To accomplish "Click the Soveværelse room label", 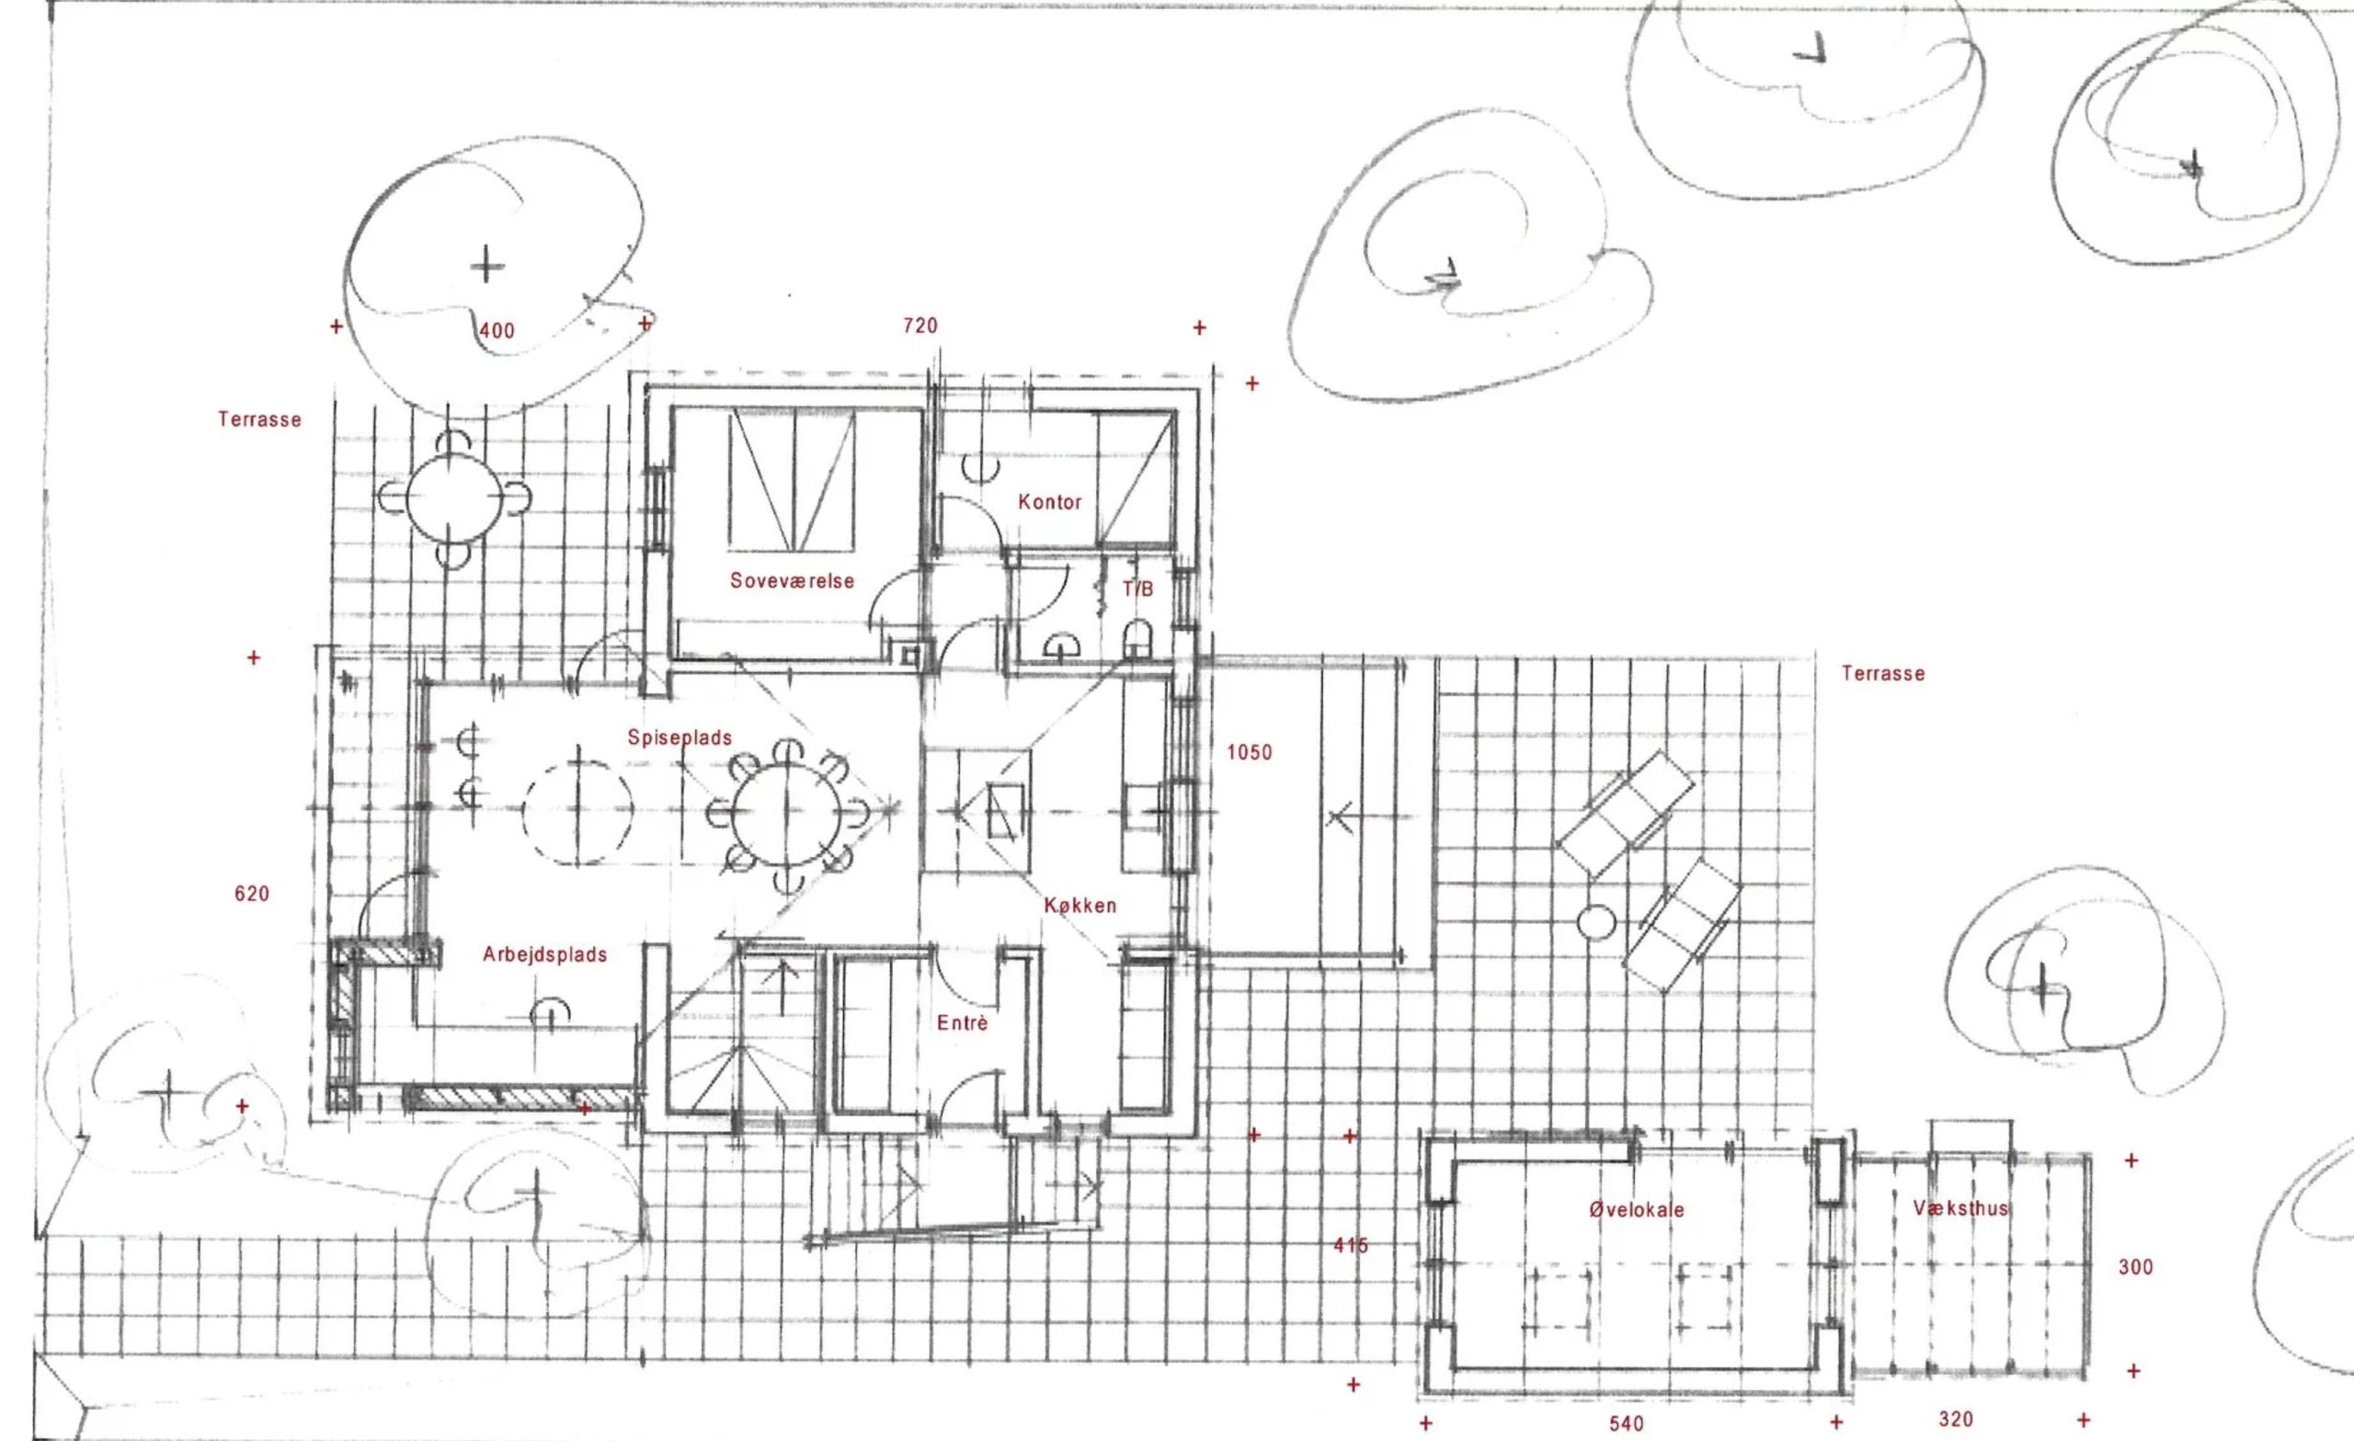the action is [x=792, y=581].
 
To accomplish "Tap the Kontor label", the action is [x=1049, y=502].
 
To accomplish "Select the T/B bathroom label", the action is [x=1137, y=589].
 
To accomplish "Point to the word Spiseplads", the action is [x=680, y=738].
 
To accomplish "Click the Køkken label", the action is [x=1080, y=905].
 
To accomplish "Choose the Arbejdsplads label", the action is [x=544, y=955].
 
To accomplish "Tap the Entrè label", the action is [x=962, y=1023].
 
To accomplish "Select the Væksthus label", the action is [x=1960, y=1207].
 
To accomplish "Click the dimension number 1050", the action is [x=1250, y=753].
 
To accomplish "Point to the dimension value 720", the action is [x=920, y=326].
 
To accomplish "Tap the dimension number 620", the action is [x=251, y=894].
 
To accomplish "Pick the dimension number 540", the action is [x=1626, y=1424].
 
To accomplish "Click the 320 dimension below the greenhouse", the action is [x=1956, y=1419].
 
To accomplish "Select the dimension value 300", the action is [x=2135, y=1267].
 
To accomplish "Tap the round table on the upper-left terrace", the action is [x=454, y=497].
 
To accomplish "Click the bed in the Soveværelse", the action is [x=791, y=481].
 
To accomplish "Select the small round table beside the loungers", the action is [x=1596, y=923].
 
